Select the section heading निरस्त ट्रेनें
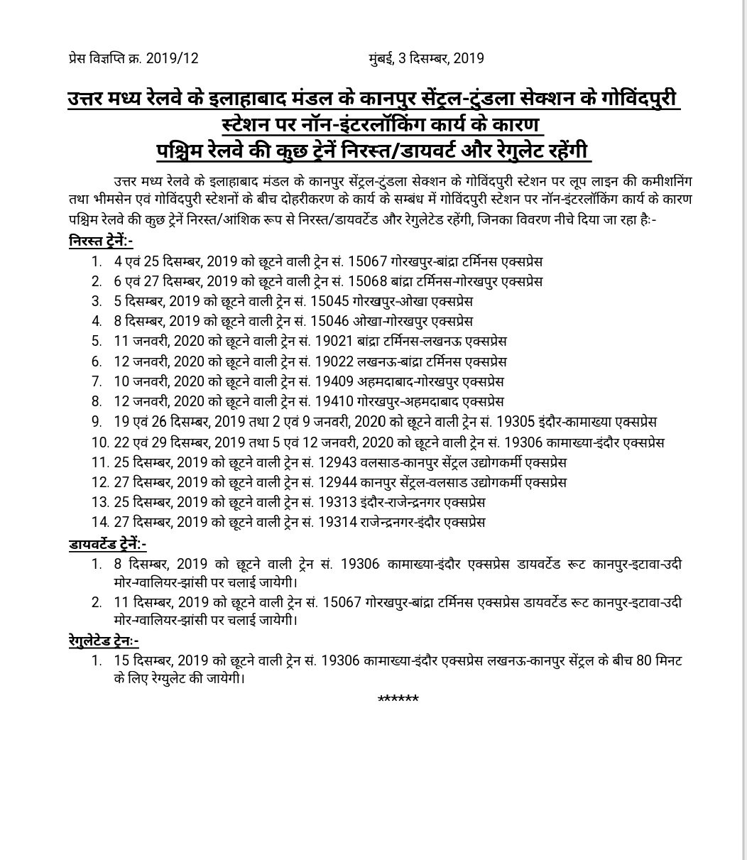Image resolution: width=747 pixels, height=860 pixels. click(x=102, y=242)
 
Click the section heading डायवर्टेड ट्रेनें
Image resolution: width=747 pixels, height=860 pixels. click(x=108, y=545)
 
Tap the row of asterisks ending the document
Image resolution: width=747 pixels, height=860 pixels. click(x=398, y=700)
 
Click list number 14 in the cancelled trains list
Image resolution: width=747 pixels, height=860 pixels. click(x=98, y=522)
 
